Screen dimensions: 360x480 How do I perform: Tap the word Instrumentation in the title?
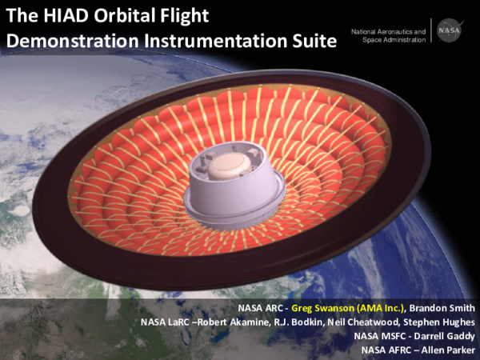click(214, 41)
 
